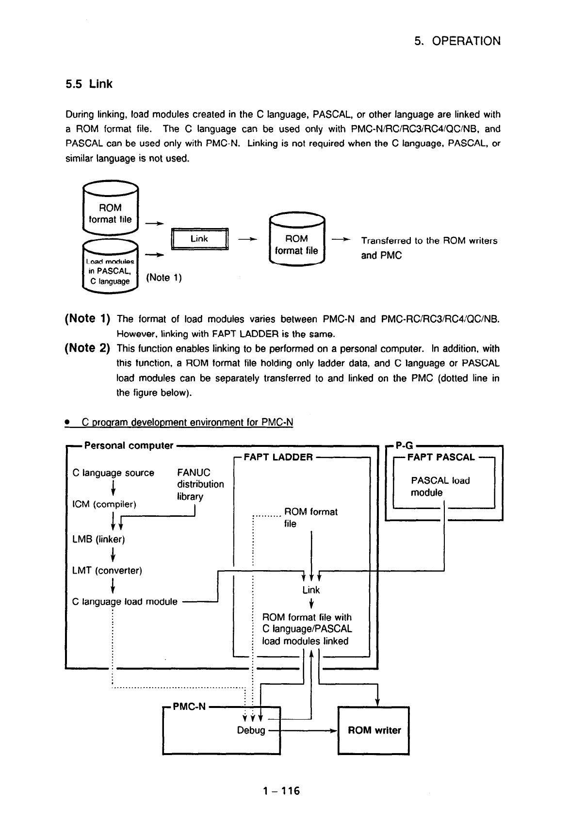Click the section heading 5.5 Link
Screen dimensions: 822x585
89,84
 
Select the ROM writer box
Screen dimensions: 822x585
374,731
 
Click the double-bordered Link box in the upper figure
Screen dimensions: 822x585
199,239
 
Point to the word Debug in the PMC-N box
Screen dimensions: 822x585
251,731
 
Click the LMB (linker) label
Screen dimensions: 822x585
98,539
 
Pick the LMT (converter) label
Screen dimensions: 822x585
107,571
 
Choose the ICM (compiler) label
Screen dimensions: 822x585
104,504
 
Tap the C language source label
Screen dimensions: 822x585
113,473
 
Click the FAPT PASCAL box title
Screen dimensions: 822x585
441,457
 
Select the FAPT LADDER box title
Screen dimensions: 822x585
278,457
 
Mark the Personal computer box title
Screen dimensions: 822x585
129,445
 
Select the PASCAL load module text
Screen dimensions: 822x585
440,487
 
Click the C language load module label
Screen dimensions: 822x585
125,602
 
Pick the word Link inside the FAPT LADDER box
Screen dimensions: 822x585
311,590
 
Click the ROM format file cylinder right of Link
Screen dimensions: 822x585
296,241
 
